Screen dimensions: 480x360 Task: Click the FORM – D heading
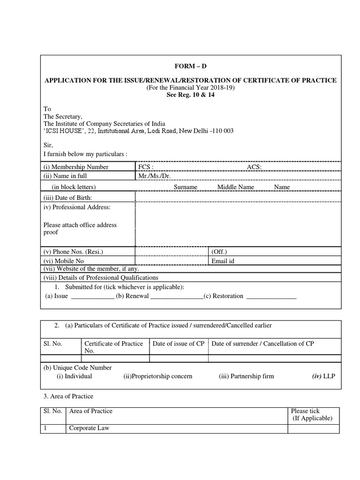[191, 67]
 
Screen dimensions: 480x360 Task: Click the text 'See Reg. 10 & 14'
[191, 94]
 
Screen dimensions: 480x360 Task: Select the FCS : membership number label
[146, 167]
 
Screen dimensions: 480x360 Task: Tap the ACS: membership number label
[254, 167]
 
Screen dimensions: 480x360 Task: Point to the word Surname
[185, 187]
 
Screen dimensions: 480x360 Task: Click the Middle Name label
[235, 187]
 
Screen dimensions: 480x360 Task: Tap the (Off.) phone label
[219, 252]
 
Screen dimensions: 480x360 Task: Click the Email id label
[223, 261]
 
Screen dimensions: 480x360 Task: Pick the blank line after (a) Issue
[92, 296]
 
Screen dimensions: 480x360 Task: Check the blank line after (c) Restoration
[271, 296]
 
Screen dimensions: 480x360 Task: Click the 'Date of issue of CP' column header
[179, 344]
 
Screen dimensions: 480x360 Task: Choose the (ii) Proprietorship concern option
[158, 376]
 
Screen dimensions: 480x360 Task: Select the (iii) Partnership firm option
[246, 376]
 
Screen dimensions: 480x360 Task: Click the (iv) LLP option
[324, 376]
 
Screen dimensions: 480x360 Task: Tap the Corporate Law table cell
[89, 428]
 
